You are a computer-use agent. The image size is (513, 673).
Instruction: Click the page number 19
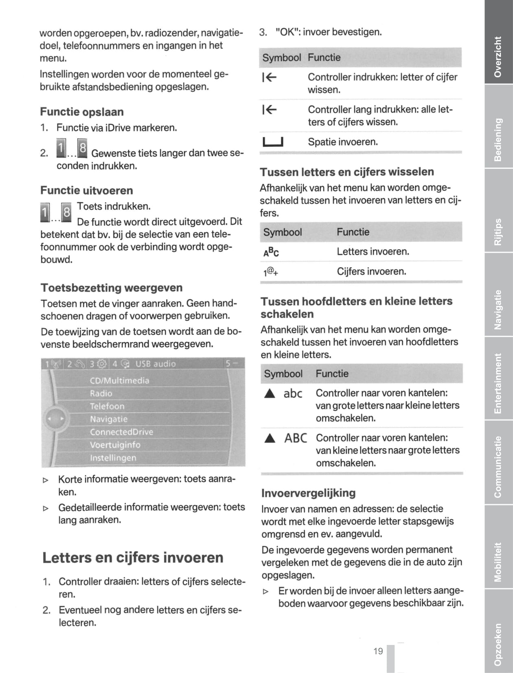(378, 651)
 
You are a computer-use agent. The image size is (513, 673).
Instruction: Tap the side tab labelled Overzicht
(498, 57)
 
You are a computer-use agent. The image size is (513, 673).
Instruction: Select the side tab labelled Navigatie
(498, 309)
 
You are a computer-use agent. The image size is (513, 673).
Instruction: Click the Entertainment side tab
(498, 383)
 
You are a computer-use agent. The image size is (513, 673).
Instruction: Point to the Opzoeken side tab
(498, 645)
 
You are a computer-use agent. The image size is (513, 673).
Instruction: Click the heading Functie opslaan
(82, 112)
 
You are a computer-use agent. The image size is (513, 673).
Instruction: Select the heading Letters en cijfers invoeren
(133, 557)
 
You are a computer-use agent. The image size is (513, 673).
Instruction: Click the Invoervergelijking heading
(308, 493)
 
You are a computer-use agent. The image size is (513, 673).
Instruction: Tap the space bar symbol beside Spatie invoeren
(273, 142)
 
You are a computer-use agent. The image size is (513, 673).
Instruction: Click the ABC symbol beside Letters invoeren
(271, 252)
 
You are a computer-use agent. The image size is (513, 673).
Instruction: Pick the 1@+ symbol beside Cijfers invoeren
(271, 272)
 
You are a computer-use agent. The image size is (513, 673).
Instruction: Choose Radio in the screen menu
(101, 393)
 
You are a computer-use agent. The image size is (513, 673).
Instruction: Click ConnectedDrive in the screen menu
(121, 432)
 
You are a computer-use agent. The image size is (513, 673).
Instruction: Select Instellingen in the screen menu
(113, 458)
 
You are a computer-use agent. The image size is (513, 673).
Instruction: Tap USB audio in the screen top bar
(155, 364)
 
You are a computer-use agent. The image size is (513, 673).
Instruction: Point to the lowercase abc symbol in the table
(292, 393)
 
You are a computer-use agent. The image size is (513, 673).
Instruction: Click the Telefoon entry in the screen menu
(107, 406)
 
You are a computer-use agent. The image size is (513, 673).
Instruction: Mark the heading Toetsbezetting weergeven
(112, 288)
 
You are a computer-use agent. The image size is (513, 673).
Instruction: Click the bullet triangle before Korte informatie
(46, 480)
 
